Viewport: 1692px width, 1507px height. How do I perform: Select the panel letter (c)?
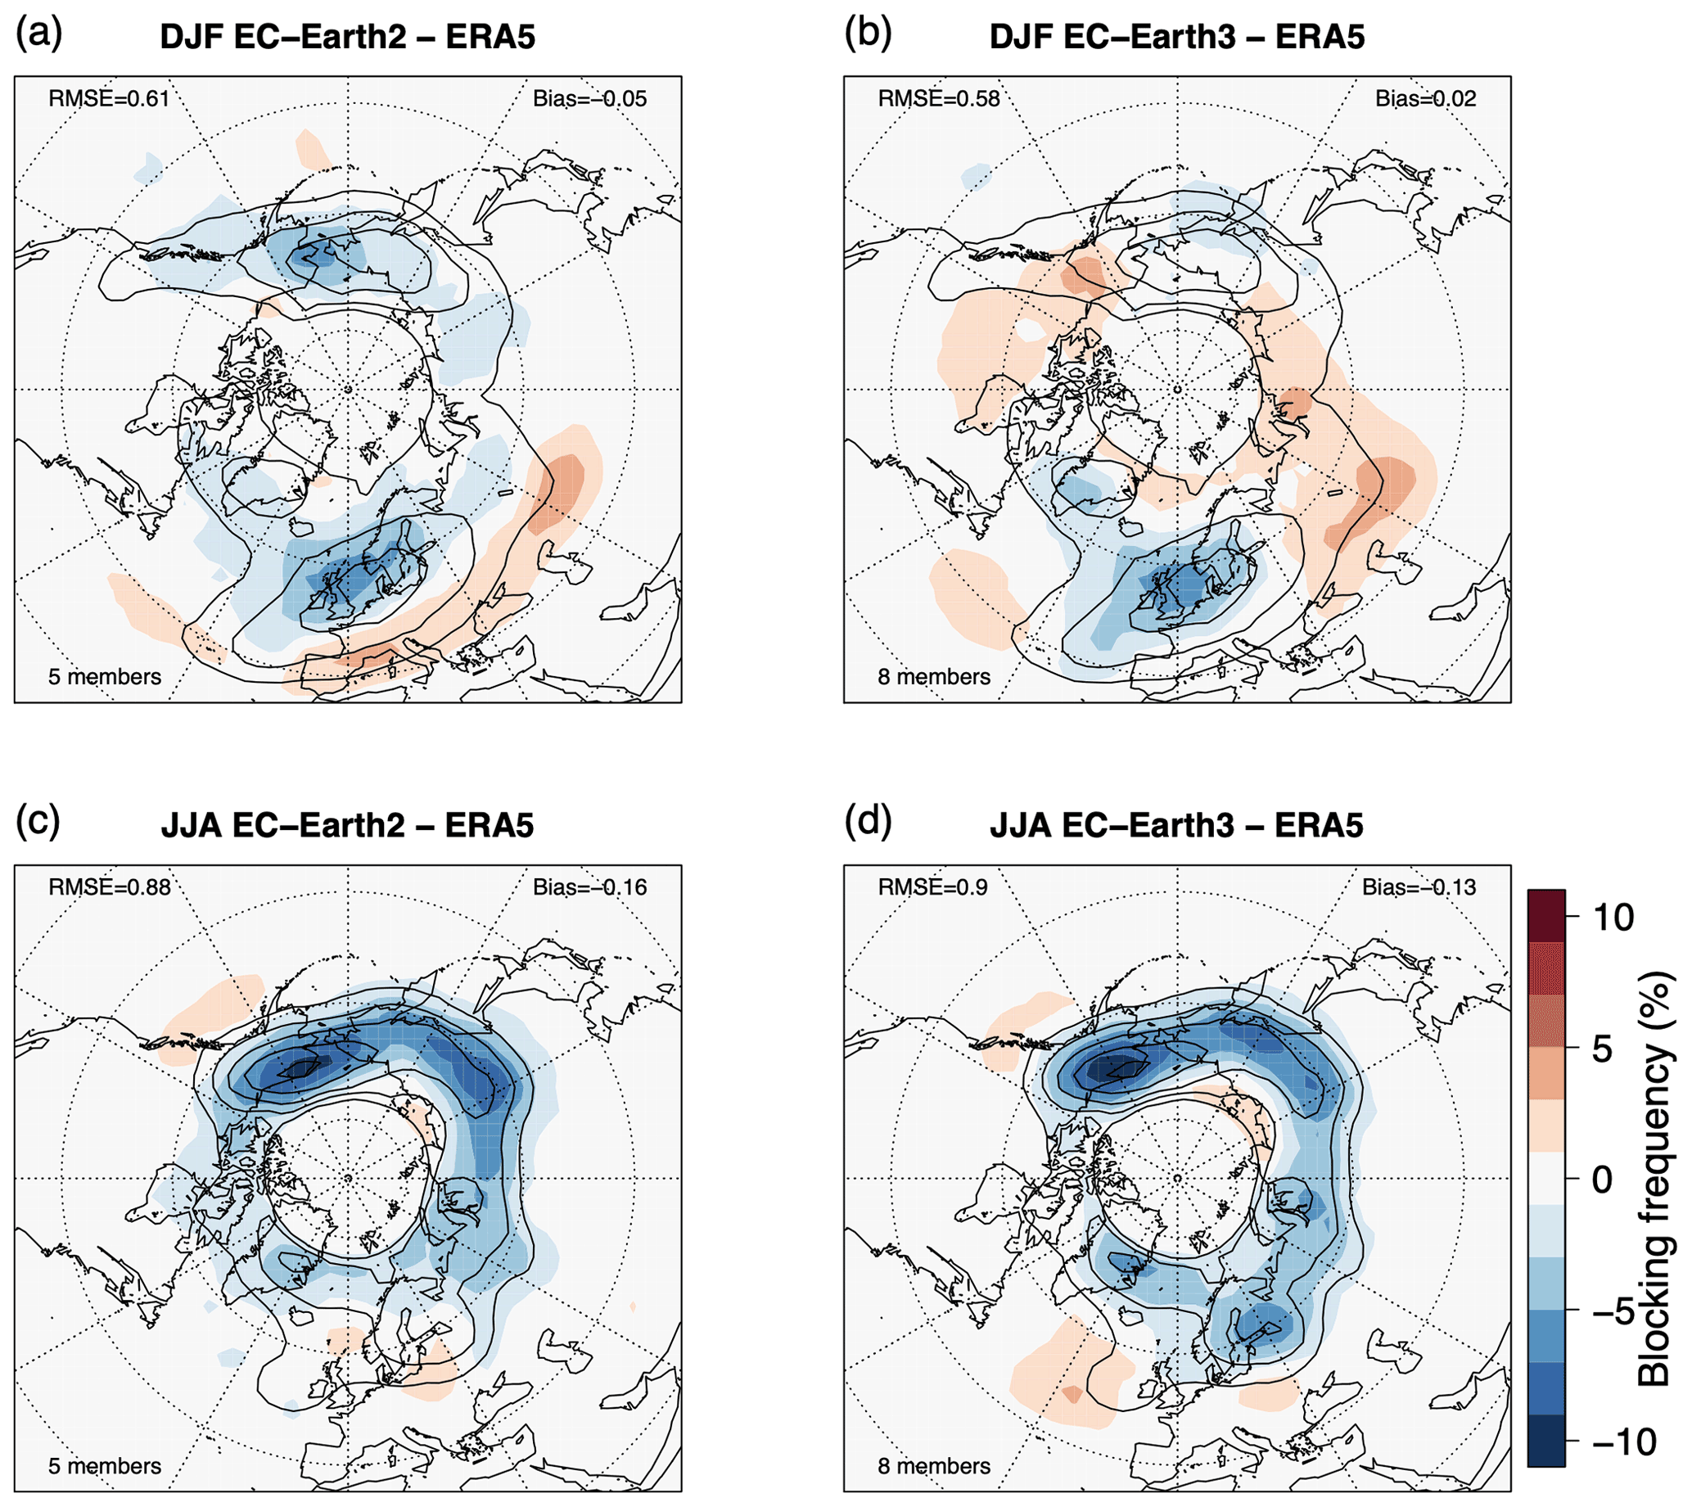click(38, 822)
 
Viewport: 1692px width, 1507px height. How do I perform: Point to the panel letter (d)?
click(868, 822)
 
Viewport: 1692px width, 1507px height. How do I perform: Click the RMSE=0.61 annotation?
click(109, 98)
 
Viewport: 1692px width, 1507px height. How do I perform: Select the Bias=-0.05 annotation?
click(589, 98)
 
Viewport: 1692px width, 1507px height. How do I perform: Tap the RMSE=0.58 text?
click(938, 98)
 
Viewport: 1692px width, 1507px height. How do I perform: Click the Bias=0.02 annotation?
click(1425, 98)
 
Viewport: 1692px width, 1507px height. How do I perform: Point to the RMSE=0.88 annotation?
click(110, 887)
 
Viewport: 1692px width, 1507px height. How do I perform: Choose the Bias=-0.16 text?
click(589, 887)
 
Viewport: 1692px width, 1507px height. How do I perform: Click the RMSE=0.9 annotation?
click(932, 887)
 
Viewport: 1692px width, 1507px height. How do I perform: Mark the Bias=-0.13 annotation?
click(1419, 887)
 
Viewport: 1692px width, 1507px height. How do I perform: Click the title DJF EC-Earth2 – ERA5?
click(348, 38)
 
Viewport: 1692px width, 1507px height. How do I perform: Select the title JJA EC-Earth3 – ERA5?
click(1176, 826)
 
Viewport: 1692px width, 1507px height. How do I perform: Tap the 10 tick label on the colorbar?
click(1613, 918)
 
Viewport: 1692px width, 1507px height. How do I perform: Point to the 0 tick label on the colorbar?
click(1603, 1180)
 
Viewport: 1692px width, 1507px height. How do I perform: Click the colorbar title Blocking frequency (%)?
click(1654, 1179)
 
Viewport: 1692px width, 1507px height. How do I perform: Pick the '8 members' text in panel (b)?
click(933, 676)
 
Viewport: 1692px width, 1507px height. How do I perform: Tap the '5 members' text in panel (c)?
click(104, 1465)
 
